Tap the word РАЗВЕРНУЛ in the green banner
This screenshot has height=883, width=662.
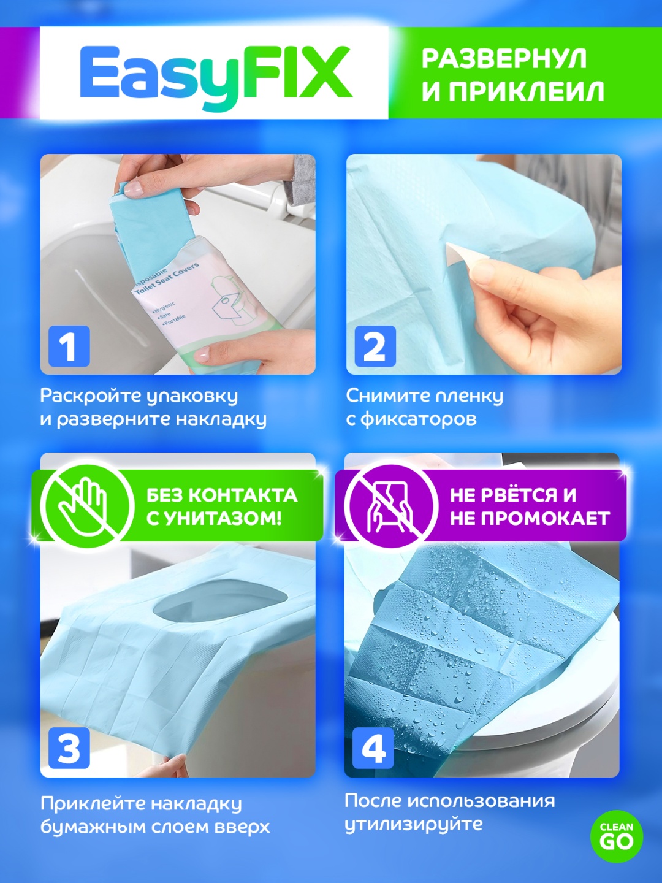click(504, 59)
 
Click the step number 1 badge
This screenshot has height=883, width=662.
click(69, 346)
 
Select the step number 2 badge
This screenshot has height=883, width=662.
click(375, 346)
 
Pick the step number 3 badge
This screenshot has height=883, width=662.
click(69, 748)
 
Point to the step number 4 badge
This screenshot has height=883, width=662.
click(373, 748)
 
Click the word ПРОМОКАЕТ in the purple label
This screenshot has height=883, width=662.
click(546, 519)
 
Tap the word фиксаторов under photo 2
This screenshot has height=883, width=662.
click(419, 419)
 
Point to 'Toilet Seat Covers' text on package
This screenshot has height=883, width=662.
click(166, 279)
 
